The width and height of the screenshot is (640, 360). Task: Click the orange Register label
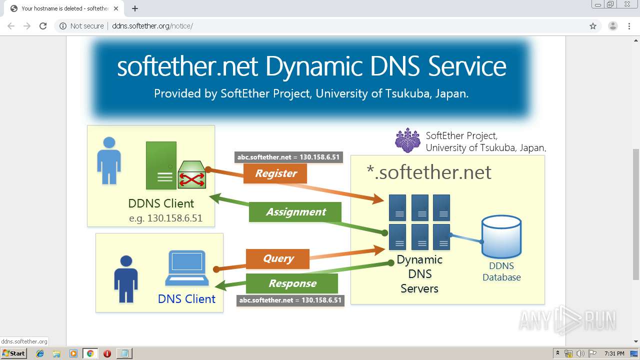275,173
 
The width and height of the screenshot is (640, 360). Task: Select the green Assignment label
295,212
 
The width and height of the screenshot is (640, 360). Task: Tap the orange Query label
278,258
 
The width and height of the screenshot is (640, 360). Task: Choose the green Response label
292,283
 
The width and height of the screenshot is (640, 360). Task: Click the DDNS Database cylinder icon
501,237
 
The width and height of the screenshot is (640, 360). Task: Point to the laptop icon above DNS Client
186,267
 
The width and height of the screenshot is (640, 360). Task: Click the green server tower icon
161,165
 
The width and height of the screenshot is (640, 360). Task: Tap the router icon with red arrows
192,174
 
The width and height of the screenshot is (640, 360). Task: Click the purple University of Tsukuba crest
407,140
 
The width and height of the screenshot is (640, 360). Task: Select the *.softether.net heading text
429,172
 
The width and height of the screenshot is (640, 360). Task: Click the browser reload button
43,26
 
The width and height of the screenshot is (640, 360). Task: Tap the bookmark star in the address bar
593,26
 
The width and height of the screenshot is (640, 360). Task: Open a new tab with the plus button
135,8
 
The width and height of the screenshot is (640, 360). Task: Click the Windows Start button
13,353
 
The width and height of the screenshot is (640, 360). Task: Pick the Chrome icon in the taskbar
90,353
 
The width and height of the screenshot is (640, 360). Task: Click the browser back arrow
11,26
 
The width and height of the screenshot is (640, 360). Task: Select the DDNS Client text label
161,203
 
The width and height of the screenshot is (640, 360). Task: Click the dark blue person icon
126,280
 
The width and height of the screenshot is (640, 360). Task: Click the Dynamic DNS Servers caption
419,274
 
